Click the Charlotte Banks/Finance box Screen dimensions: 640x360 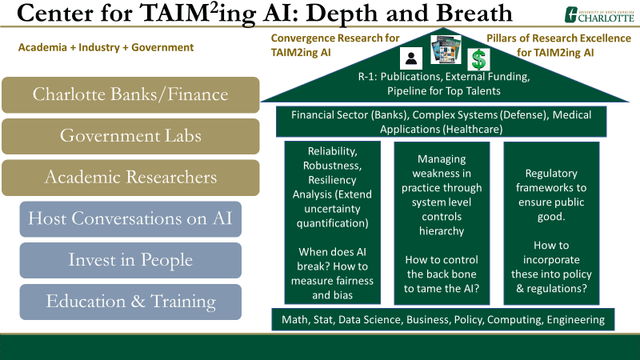[x=130, y=94]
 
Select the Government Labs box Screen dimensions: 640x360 [x=130, y=136]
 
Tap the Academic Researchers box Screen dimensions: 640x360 [x=130, y=178]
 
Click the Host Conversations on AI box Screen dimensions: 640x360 [x=130, y=218]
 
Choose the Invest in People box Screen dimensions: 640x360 [x=130, y=261]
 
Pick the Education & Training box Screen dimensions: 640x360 [x=130, y=302]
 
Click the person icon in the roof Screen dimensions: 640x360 [x=411, y=58]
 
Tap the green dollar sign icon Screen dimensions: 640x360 [x=478, y=59]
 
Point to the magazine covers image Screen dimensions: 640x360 [x=446, y=50]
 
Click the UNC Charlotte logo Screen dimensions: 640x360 [x=599, y=14]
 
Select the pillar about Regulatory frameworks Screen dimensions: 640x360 [x=551, y=223]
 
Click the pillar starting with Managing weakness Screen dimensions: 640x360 [x=442, y=223]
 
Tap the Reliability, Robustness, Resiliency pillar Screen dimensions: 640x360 [x=332, y=223]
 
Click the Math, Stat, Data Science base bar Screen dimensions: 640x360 [x=443, y=319]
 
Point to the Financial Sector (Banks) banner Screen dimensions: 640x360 [x=442, y=122]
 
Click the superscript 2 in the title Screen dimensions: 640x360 [x=214, y=8]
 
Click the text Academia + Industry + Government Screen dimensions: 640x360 [x=106, y=47]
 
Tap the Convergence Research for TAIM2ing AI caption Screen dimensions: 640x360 [x=334, y=46]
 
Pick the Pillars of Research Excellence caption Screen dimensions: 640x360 [x=558, y=46]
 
